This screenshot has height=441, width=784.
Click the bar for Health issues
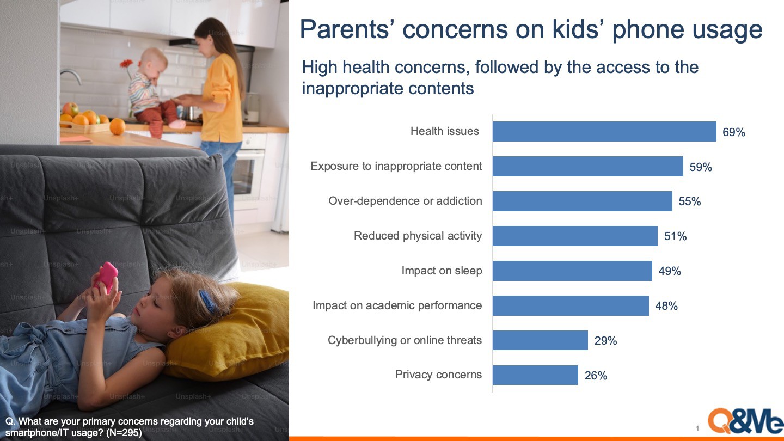(x=604, y=132)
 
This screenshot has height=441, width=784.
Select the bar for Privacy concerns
(x=536, y=375)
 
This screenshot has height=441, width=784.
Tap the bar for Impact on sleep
(x=572, y=271)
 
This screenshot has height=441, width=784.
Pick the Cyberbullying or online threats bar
(x=541, y=340)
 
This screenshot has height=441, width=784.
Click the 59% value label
(x=701, y=167)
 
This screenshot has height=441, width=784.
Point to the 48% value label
(x=666, y=306)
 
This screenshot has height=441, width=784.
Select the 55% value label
(x=690, y=201)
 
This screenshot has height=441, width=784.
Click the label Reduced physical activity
(x=418, y=236)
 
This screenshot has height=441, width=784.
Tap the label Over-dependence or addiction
(x=405, y=201)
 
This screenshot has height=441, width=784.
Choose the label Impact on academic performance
(x=397, y=305)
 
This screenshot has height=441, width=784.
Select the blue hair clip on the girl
(x=207, y=302)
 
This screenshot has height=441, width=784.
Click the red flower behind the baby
(x=127, y=64)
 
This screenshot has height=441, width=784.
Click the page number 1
(x=697, y=428)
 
